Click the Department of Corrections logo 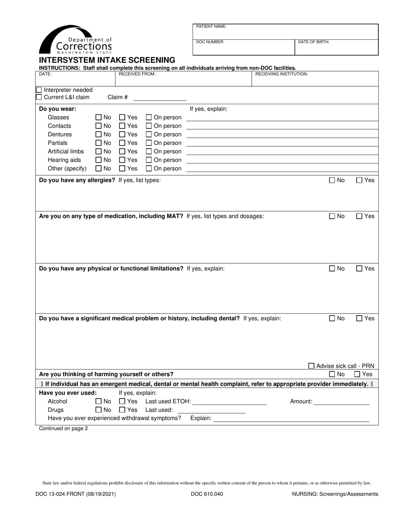tap(75, 39)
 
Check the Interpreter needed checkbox tap(39, 90)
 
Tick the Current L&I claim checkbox tap(39, 97)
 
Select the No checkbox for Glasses tap(99, 117)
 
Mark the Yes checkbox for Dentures tap(122, 134)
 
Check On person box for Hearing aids tap(149, 160)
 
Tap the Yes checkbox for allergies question tap(359, 180)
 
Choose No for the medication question tap(332, 216)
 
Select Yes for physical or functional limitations tap(359, 268)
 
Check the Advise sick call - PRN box tap(311, 366)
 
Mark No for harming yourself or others tap(332, 374)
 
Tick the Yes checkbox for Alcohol tap(122, 401)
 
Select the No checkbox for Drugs tap(99, 410)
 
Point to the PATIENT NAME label tap(211, 27)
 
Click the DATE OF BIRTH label tap(314, 42)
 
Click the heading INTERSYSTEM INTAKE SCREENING tap(107, 60)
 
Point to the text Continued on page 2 tap(63, 428)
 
